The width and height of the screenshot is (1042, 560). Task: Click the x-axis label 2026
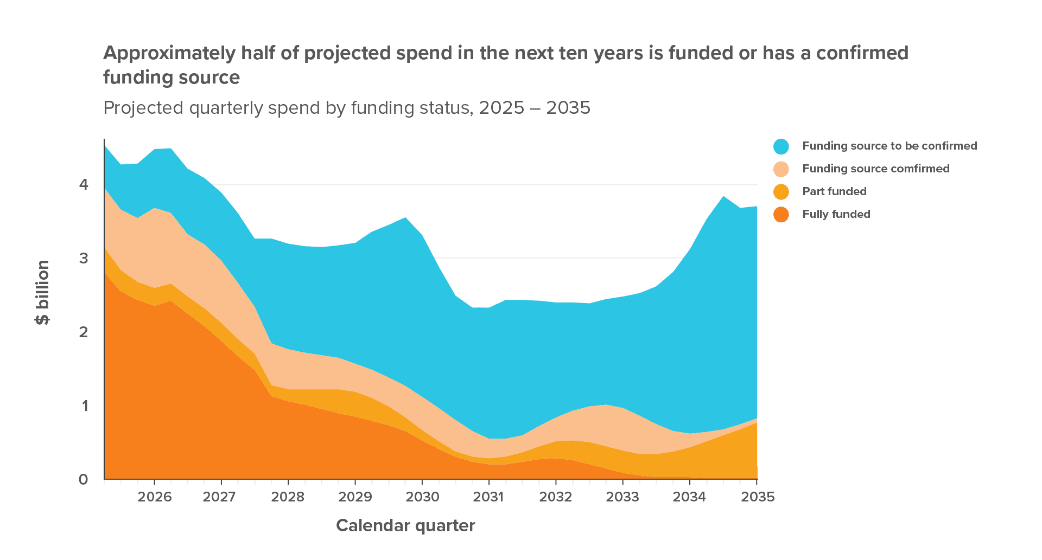click(x=155, y=497)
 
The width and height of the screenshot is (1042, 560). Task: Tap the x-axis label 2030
click(x=423, y=497)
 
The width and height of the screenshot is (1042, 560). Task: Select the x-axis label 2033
click(x=623, y=497)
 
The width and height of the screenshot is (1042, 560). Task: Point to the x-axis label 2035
click(x=758, y=497)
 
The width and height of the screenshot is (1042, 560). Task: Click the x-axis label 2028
click(x=288, y=497)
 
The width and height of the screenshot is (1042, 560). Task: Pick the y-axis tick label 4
click(x=83, y=184)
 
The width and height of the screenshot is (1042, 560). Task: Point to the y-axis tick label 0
click(x=83, y=479)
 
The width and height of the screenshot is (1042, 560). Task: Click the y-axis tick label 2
click(x=83, y=331)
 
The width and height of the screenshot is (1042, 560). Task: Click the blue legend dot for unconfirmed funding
click(x=781, y=146)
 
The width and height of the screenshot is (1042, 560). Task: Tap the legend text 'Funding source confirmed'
click(x=876, y=169)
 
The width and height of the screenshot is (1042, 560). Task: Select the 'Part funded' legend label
click(x=834, y=191)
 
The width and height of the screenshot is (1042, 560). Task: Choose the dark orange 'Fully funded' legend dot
click(x=781, y=215)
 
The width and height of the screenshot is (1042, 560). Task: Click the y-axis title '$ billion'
click(x=42, y=293)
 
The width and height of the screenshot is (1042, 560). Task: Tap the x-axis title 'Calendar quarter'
click(x=405, y=525)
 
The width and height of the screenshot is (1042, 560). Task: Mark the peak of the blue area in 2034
click(x=723, y=196)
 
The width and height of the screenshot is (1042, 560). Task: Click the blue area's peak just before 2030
click(x=405, y=218)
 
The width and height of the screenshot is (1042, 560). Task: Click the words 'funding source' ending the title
click(x=171, y=77)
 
